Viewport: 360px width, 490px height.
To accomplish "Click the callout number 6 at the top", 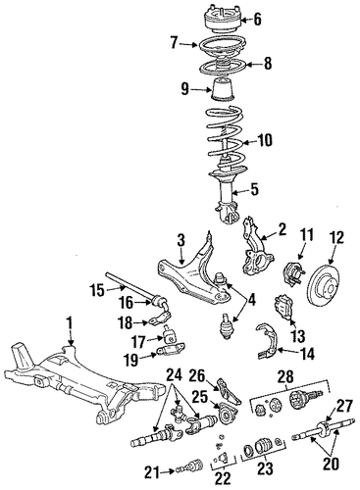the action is click(257, 20).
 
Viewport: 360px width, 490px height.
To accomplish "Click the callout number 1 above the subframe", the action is click(69, 326).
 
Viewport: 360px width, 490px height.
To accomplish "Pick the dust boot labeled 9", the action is click(222, 89).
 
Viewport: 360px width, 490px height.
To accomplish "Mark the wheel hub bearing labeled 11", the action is click(292, 272).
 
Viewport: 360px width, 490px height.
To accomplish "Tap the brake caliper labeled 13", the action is click(283, 307).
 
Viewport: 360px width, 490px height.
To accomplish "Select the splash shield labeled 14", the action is click(267, 340).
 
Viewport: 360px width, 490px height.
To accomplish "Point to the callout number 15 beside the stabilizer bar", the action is click(98, 290).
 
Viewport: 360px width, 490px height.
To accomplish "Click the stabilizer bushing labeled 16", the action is click(161, 301).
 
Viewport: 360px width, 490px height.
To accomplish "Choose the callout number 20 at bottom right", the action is click(331, 465).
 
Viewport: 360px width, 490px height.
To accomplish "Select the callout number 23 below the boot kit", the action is click(265, 468).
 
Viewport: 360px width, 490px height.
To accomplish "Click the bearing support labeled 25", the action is click(227, 416).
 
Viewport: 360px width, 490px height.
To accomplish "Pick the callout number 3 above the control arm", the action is click(180, 240).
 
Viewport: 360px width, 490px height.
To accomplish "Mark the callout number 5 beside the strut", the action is click(254, 189).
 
